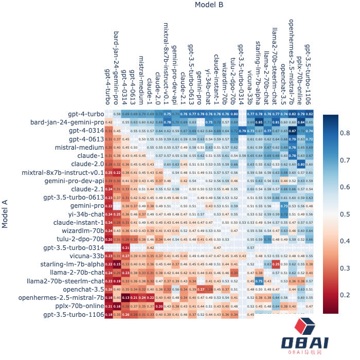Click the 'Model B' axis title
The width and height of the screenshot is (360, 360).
coord(209,5)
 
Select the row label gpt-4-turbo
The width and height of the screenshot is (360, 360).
coord(86,114)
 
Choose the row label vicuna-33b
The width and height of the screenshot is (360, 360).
coord(86,256)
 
